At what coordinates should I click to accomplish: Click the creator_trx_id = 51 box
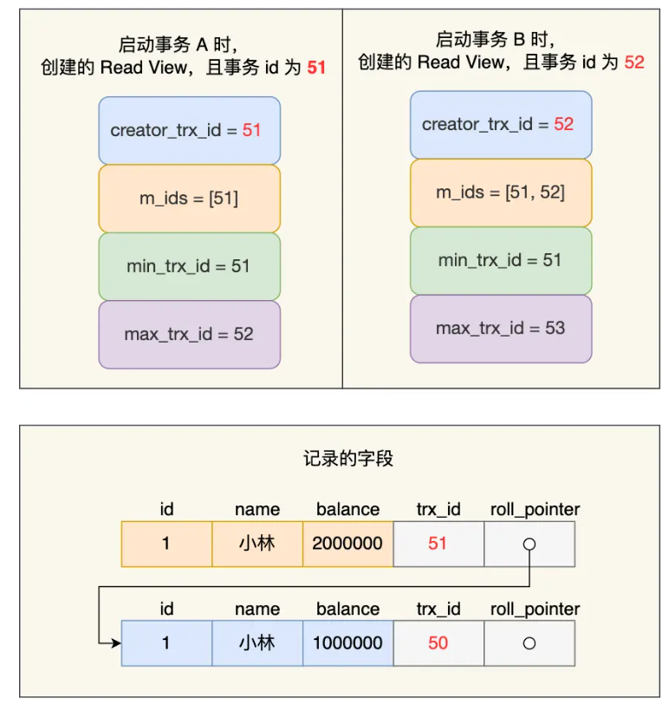[189, 130]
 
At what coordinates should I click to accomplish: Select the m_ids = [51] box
[189, 198]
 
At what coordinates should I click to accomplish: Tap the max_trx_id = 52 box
[189, 334]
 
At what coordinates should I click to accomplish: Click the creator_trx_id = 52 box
[500, 124]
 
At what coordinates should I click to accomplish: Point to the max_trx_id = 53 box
[500, 328]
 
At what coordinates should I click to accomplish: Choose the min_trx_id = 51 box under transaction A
[189, 265]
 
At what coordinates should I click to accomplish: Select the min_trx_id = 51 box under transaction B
[500, 260]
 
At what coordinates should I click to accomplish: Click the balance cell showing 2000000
[347, 544]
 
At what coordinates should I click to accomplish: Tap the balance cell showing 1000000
[347, 643]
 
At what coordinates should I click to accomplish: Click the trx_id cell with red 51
[438, 544]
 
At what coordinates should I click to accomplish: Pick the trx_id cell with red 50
[438, 643]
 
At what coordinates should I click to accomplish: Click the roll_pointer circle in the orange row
[529, 545]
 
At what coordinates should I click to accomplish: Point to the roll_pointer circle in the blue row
[529, 643]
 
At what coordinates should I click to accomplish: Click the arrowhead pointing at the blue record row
[115, 643]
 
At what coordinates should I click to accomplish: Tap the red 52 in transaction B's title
[634, 62]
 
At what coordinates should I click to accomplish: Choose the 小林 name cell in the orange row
[257, 544]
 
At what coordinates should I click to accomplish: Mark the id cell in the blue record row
[166, 643]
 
